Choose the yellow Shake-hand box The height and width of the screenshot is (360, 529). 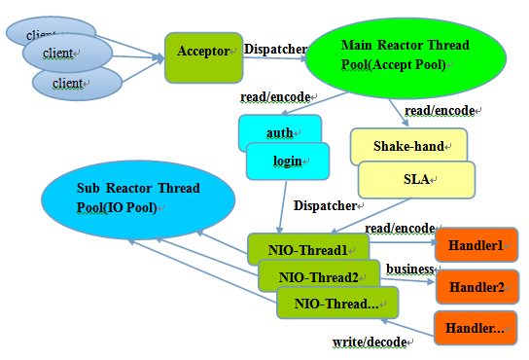click(x=408, y=146)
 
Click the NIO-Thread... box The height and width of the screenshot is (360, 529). click(x=337, y=303)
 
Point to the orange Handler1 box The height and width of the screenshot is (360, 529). click(x=476, y=245)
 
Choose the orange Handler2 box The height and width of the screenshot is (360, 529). click(x=476, y=287)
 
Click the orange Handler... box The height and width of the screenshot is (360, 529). click(x=476, y=329)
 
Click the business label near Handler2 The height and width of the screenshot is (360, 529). click(x=409, y=269)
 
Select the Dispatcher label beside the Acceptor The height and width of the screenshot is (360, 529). click(x=275, y=49)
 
